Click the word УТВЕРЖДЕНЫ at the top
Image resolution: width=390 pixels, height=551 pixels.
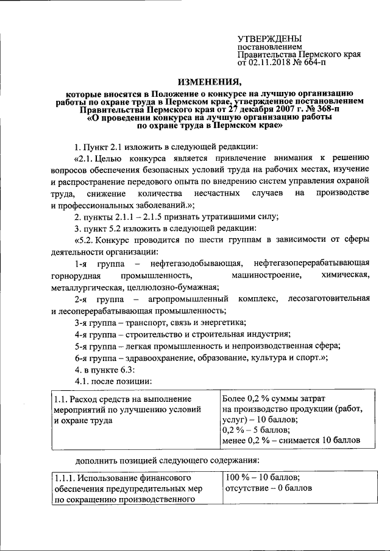(x=269, y=38)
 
